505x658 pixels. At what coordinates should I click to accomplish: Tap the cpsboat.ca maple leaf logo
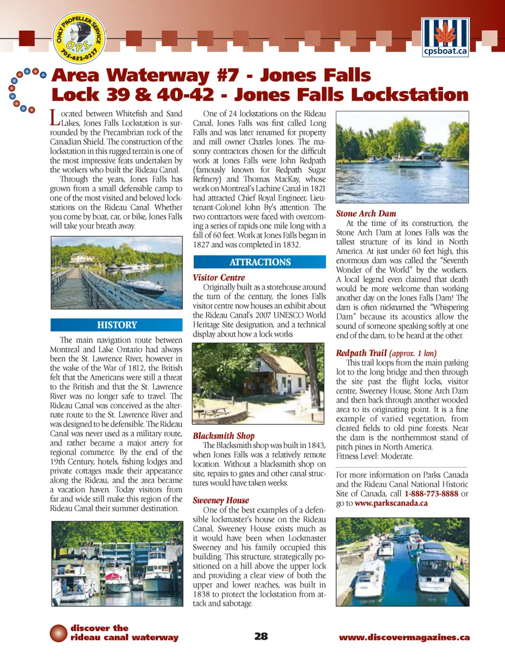445,36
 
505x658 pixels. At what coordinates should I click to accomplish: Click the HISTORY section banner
117,325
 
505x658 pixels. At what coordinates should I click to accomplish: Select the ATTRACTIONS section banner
260,262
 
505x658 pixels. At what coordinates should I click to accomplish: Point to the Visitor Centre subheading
219,278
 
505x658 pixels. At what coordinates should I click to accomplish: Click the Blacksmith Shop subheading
224,436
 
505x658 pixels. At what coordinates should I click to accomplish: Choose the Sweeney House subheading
221,500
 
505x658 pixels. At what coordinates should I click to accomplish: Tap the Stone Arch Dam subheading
366,214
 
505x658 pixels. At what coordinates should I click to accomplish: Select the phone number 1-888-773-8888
431,494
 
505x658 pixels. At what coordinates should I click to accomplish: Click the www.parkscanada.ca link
391,503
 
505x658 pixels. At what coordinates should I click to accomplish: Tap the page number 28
261,636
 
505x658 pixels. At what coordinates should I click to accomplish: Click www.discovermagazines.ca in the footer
404,637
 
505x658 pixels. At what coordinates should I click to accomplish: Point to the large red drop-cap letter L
55,117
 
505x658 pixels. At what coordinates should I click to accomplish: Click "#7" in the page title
228,75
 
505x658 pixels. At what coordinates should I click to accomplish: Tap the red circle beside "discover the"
58,633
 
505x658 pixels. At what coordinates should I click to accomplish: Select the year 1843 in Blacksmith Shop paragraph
316,446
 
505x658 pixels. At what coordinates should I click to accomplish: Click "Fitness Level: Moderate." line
375,457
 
